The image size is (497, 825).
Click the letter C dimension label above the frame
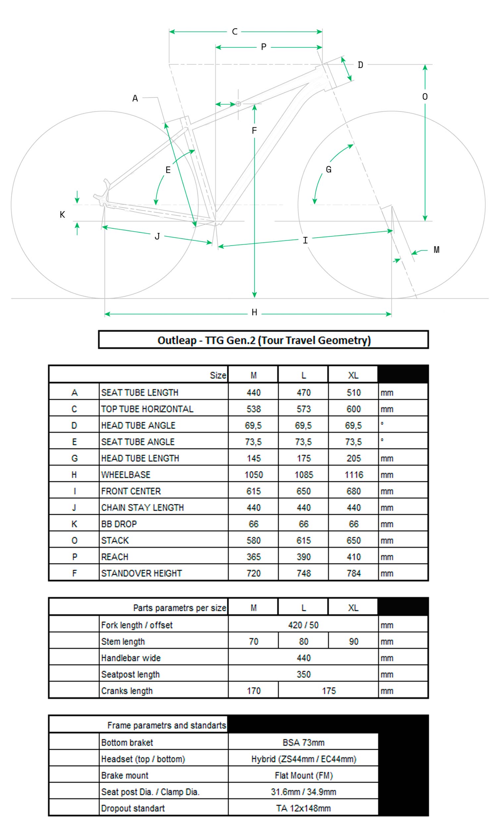[234, 32]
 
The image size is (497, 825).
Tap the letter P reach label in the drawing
[263, 47]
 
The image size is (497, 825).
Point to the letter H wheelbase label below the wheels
[254, 312]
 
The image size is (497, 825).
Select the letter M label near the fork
[436, 250]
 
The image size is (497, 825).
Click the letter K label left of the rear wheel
[62, 215]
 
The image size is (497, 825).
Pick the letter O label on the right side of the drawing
[424, 97]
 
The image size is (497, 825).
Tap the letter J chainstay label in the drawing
[157, 237]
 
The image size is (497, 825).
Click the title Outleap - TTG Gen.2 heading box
[263, 340]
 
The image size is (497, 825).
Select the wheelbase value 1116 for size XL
[354, 474]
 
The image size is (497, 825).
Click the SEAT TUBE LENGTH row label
[139, 392]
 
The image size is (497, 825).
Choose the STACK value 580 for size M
[253, 540]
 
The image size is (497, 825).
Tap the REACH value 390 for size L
[303, 557]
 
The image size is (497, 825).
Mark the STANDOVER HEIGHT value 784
[354, 573]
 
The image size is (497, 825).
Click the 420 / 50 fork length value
[303, 625]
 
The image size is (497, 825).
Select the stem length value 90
[354, 641]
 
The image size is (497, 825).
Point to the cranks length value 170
[253, 691]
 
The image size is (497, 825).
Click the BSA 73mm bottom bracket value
[303, 743]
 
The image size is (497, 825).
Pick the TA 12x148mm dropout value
[303, 808]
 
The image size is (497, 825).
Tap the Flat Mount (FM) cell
[303, 775]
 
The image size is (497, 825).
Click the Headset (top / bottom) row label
[143, 759]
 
